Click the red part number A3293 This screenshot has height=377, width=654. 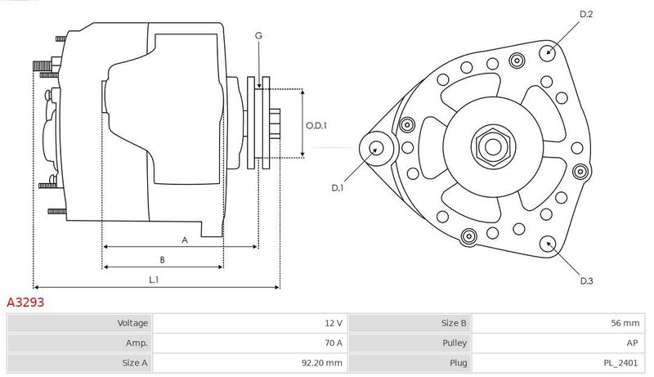(x=25, y=302)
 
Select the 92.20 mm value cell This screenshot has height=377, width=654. (x=250, y=363)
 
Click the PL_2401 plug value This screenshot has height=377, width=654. (x=620, y=363)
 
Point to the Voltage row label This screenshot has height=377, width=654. (x=132, y=323)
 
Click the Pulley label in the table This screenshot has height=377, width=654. (x=455, y=343)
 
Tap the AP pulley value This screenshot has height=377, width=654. (x=632, y=343)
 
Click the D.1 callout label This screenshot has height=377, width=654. (x=337, y=187)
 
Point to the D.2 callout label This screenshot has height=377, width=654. (x=586, y=14)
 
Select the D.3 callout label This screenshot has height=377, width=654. (x=586, y=281)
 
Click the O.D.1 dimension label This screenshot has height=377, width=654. (x=316, y=125)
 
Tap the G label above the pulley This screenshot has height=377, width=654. (x=258, y=36)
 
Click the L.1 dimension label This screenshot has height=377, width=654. (x=154, y=280)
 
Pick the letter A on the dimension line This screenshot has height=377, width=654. (x=185, y=240)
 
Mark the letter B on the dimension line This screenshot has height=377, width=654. (x=162, y=260)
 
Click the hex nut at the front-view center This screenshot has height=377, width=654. (x=493, y=146)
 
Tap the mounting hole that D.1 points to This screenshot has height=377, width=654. (x=377, y=148)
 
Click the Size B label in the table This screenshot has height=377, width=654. (x=454, y=323)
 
